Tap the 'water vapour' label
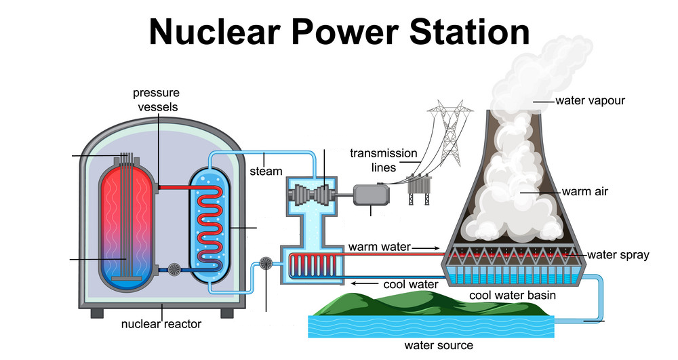590,101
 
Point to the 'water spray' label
618,255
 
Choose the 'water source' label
439,345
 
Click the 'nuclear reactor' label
161,324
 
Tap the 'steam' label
266,171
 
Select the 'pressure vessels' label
155,99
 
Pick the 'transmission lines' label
383,160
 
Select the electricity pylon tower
444,129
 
